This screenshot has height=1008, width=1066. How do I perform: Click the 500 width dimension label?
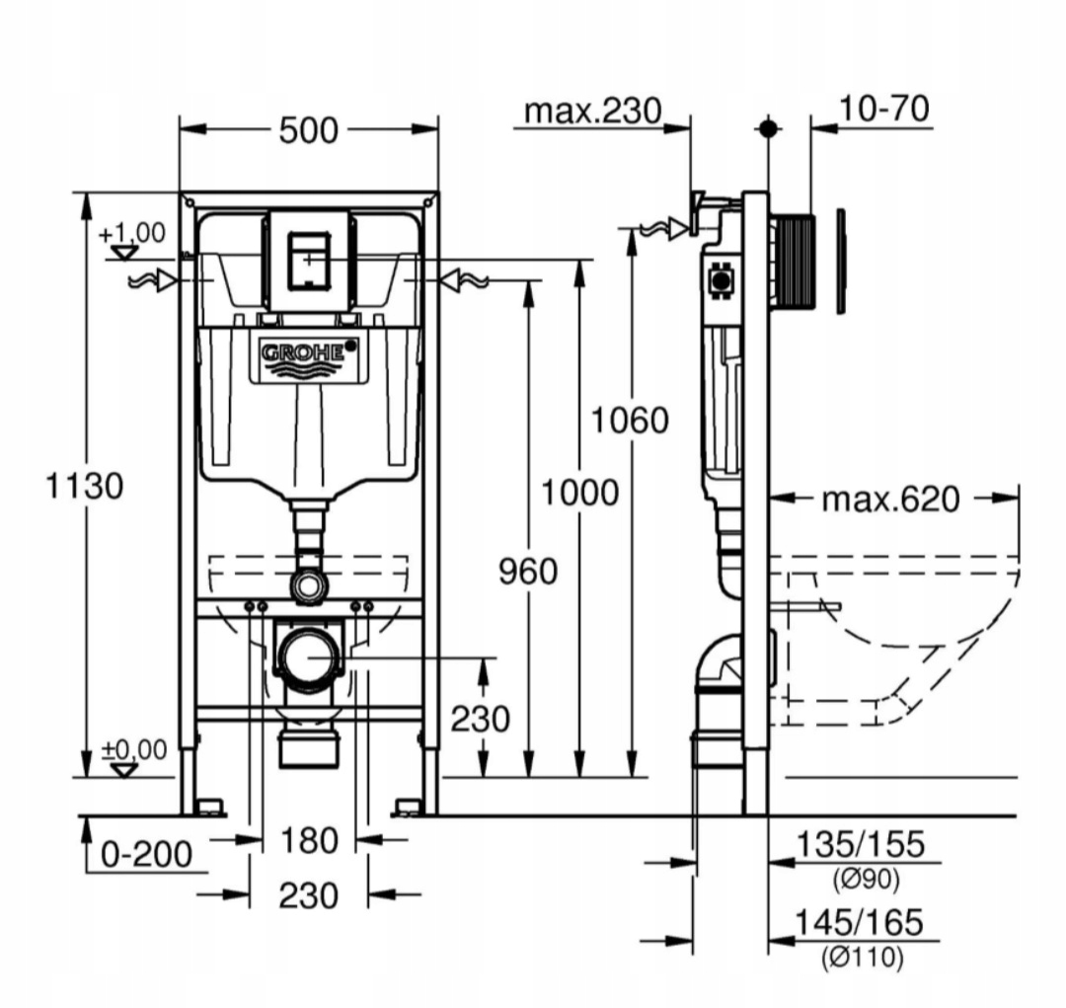pyautogui.click(x=308, y=130)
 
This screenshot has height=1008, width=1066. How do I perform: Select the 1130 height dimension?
pyautogui.click(x=84, y=487)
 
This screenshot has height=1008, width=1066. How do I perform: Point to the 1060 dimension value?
pyautogui.click(x=630, y=421)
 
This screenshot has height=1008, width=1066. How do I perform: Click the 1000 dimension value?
pyautogui.click(x=580, y=493)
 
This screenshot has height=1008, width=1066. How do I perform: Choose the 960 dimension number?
pyautogui.click(x=528, y=572)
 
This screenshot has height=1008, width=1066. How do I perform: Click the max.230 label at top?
pyautogui.click(x=593, y=111)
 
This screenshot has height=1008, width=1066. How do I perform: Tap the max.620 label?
pyautogui.click(x=891, y=500)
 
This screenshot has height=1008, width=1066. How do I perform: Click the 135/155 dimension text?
pyautogui.click(x=861, y=845)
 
